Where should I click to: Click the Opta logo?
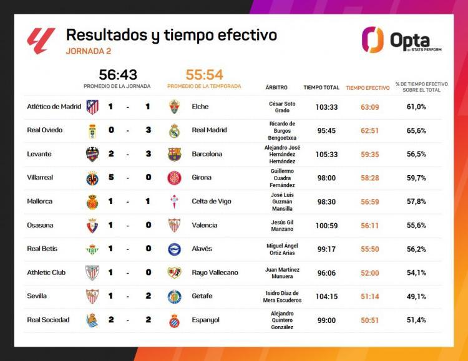[x=401, y=40]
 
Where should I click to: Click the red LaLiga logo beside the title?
[x=41, y=41]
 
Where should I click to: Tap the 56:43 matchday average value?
[x=118, y=75]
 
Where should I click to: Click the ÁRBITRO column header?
[x=276, y=87]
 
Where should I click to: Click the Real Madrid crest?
[x=174, y=130]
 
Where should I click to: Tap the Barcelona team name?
[x=207, y=154]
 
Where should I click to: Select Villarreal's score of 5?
[x=110, y=178]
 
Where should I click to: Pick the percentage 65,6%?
[x=416, y=130]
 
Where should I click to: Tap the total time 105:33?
[x=326, y=154]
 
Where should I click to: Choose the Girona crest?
[x=174, y=178]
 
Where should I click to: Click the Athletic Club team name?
[x=46, y=272]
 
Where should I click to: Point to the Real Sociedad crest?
[x=92, y=320]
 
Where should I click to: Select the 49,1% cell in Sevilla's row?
[x=416, y=296]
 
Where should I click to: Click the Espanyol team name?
[x=205, y=320]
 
